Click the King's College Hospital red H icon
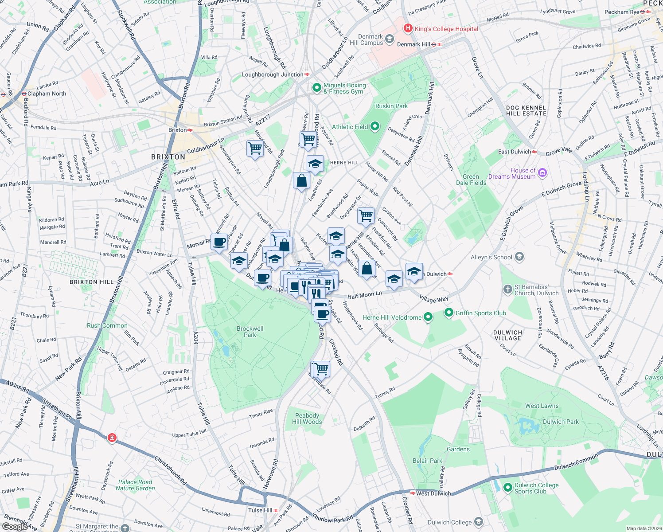coord(408,28)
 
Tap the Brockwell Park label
coord(250,332)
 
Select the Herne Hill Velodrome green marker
coord(428,317)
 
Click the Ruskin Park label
coord(391,106)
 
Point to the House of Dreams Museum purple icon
coord(543,173)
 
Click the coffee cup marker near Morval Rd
coord(219,242)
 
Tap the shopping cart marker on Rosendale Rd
coord(321,368)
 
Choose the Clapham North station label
coord(47,94)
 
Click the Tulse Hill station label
coord(260,510)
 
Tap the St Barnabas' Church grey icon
coord(508,289)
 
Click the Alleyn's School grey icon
coord(520,257)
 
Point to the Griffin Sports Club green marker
coord(449,313)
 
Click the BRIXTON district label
coord(168,157)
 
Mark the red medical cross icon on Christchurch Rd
coord(112,438)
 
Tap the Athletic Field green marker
coord(375,127)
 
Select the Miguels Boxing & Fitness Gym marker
coord(316,88)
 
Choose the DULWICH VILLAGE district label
coord(507,335)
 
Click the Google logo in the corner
coord(15,526)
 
